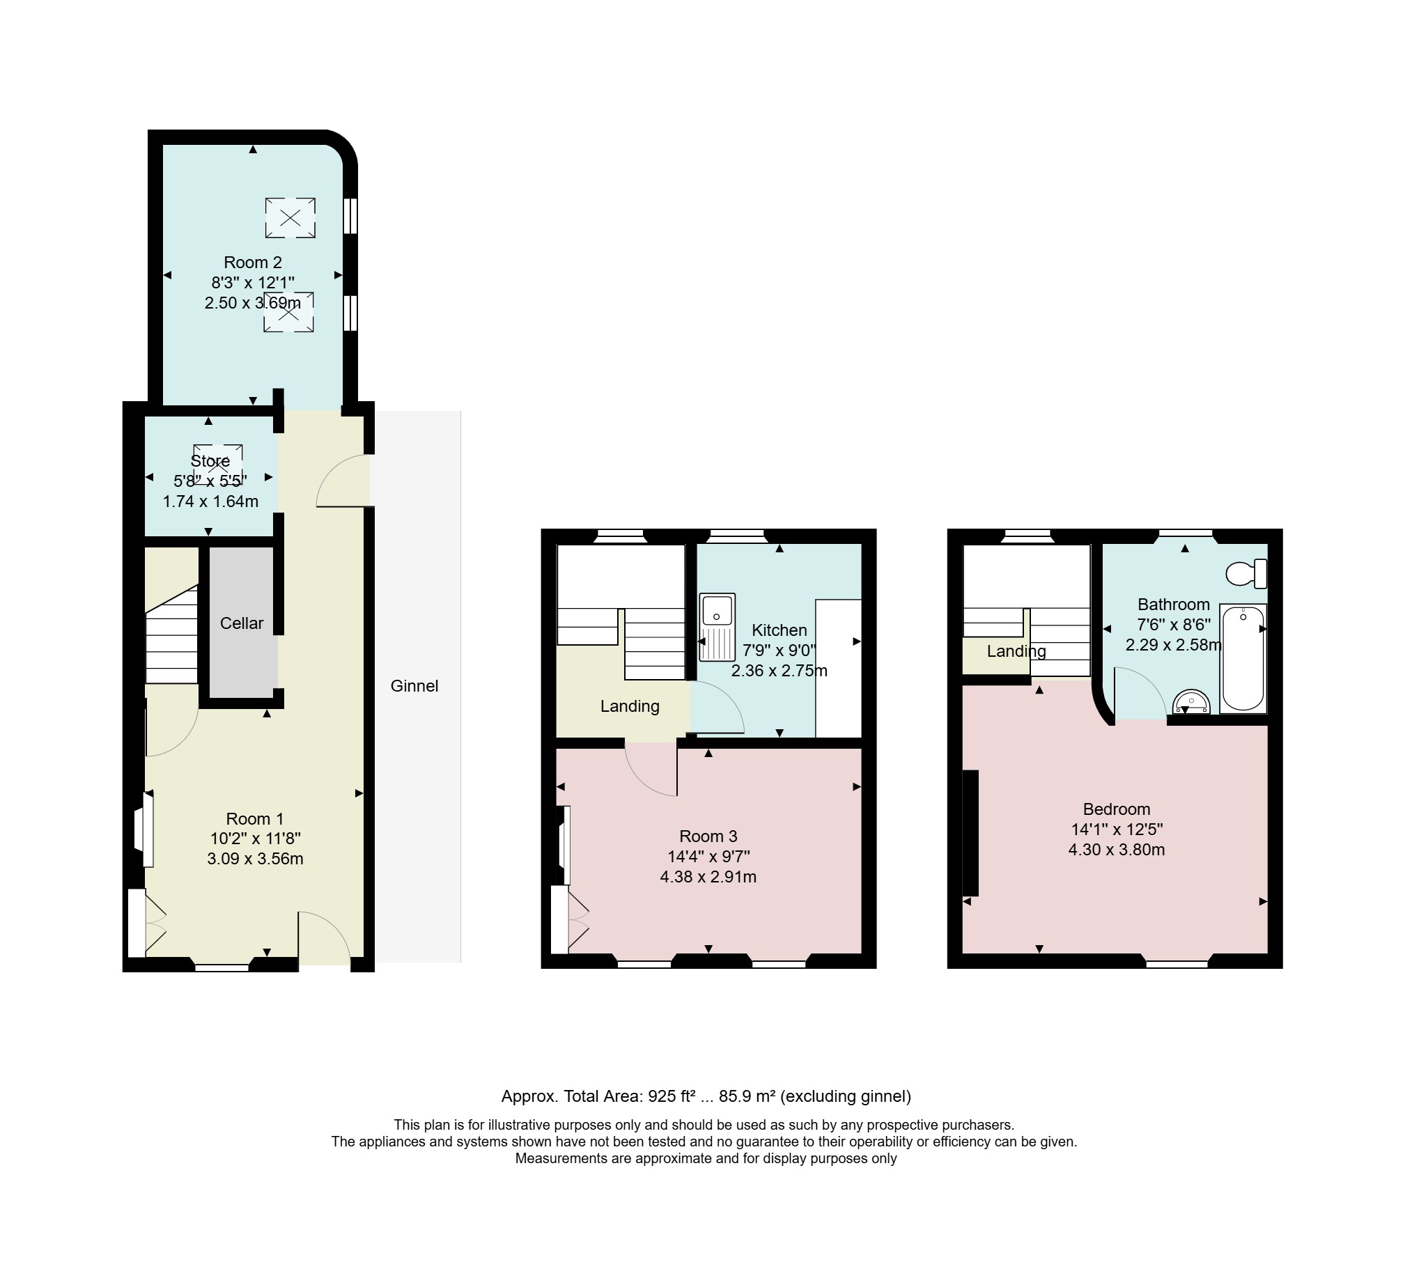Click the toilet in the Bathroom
pyautogui.click(x=1246, y=573)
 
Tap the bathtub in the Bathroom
pyautogui.click(x=1243, y=658)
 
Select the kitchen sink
pyautogui.click(x=717, y=626)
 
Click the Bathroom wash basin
pyautogui.click(x=1191, y=701)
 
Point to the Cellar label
pyautogui.click(x=241, y=623)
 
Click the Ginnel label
pyautogui.click(x=414, y=685)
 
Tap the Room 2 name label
pyautogui.click(x=252, y=262)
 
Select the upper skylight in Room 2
pyautogui.click(x=290, y=217)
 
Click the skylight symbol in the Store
pyautogui.click(x=218, y=462)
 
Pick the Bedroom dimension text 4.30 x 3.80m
pyautogui.click(x=1117, y=850)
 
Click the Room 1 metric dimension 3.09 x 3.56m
pyautogui.click(x=255, y=859)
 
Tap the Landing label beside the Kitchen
pyautogui.click(x=630, y=706)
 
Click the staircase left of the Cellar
pyautogui.click(x=171, y=634)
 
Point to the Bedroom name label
pyautogui.click(x=1117, y=809)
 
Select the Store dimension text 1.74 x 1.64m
pyautogui.click(x=210, y=501)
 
